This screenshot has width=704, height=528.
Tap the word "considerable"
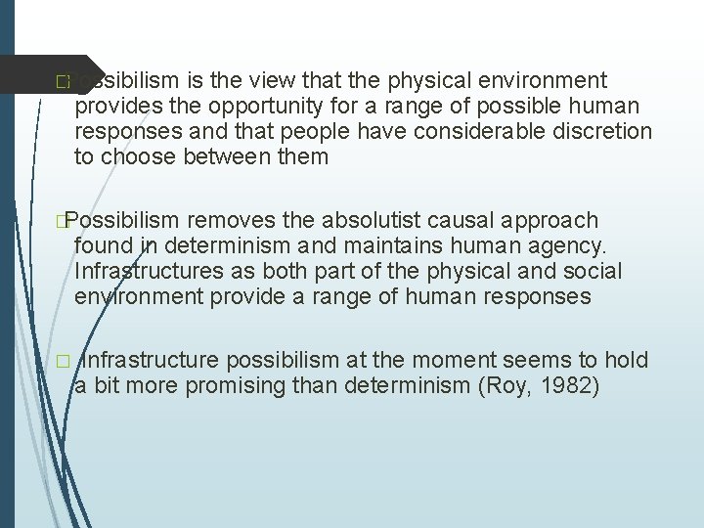point(458,131)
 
